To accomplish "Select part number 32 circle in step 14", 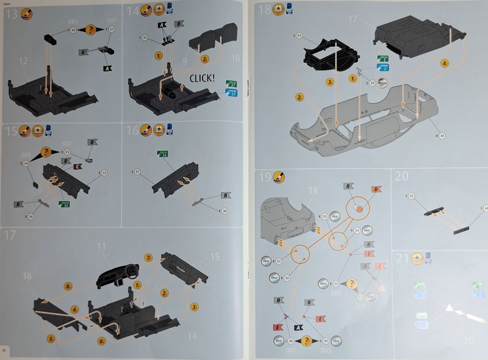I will coord(145,38).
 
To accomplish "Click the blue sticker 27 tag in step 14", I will coord(232,92).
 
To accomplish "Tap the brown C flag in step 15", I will coord(79,166).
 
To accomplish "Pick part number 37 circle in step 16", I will coord(137,173).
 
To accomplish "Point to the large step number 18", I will coord(265,10).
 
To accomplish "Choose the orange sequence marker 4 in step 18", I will coord(444,63).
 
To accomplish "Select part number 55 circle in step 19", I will coord(325,217).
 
